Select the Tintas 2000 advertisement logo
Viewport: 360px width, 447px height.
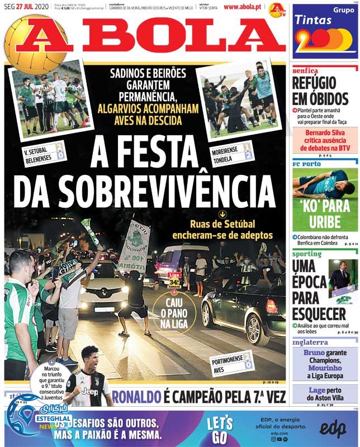click(x=325, y=34)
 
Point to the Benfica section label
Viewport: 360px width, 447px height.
click(x=306, y=71)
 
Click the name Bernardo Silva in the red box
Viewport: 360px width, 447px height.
click(x=324, y=137)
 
